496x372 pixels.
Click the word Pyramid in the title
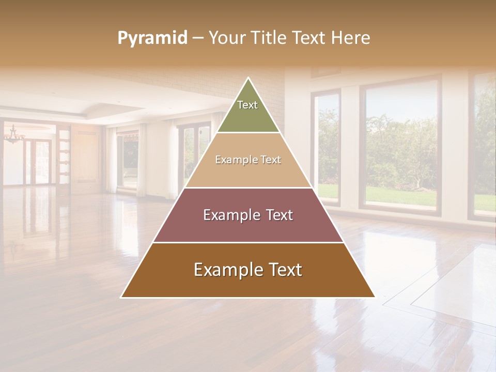point(152,38)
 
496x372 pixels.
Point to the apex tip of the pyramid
point(249,78)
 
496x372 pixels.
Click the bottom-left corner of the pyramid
point(121,297)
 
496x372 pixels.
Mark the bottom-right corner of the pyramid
point(375,297)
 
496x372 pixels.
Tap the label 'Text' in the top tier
point(247,105)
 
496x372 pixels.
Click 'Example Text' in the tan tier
point(248,160)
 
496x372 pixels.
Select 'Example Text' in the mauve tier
point(248,215)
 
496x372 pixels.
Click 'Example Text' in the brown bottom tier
point(248,270)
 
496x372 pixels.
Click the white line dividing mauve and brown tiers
point(248,242)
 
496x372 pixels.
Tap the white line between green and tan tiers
point(248,133)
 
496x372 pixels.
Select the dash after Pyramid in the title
point(198,38)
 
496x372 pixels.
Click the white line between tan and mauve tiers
point(248,188)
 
